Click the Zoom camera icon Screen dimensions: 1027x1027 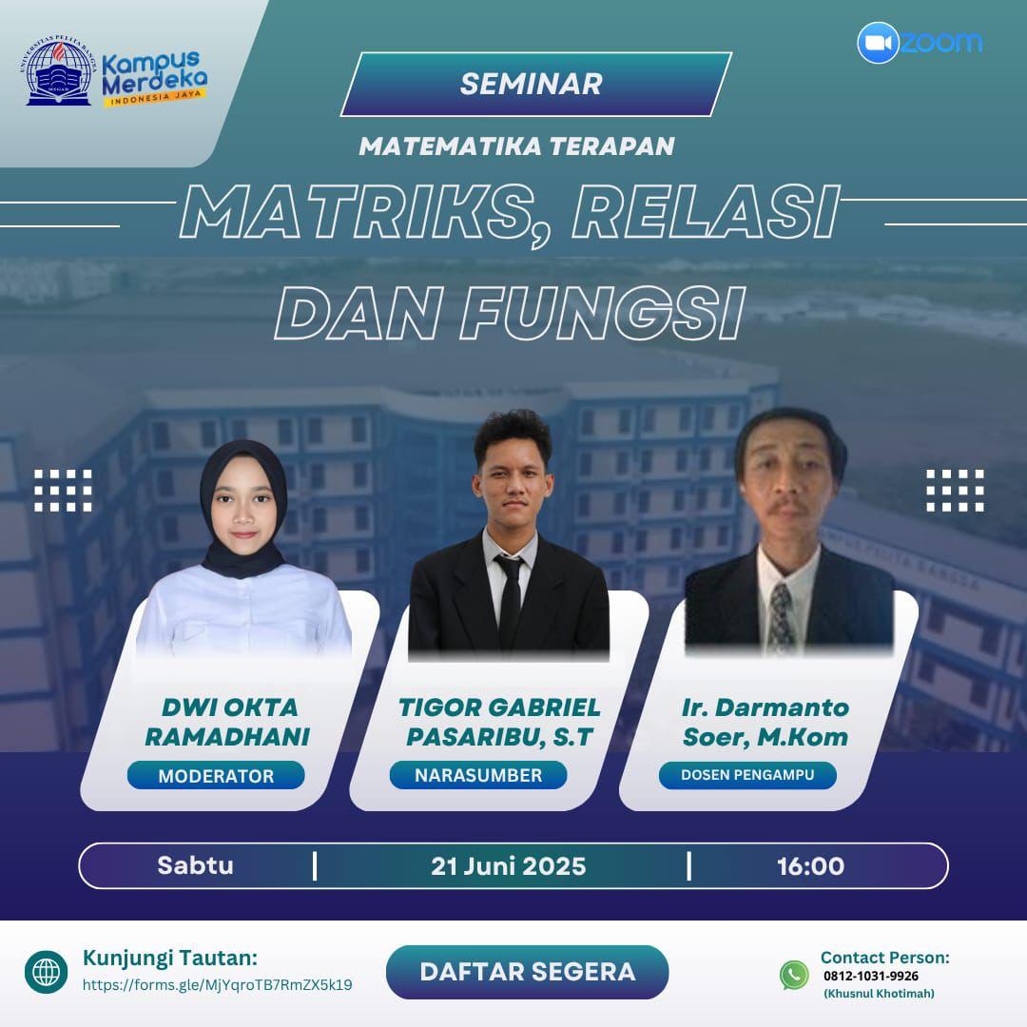pyautogui.click(x=878, y=43)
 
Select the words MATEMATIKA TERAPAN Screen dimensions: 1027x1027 pyautogui.click(x=516, y=146)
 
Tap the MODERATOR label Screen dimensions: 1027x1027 pyautogui.click(x=216, y=776)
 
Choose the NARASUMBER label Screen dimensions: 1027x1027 pyautogui.click(x=478, y=775)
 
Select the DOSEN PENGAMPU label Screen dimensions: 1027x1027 pyautogui.click(x=747, y=775)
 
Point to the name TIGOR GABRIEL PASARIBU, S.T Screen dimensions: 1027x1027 pyautogui.click(x=499, y=722)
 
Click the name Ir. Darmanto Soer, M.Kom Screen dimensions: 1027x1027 pyautogui.click(x=765, y=722)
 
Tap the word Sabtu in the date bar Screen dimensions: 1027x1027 pyautogui.click(x=195, y=866)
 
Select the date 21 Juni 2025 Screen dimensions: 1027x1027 pyautogui.click(x=508, y=866)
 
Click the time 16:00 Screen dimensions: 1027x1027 pyautogui.click(x=810, y=866)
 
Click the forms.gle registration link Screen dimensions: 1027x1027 pyautogui.click(x=217, y=985)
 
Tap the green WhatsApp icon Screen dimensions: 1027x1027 pyautogui.click(x=794, y=975)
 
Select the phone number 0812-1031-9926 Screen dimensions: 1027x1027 pyautogui.click(x=871, y=976)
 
